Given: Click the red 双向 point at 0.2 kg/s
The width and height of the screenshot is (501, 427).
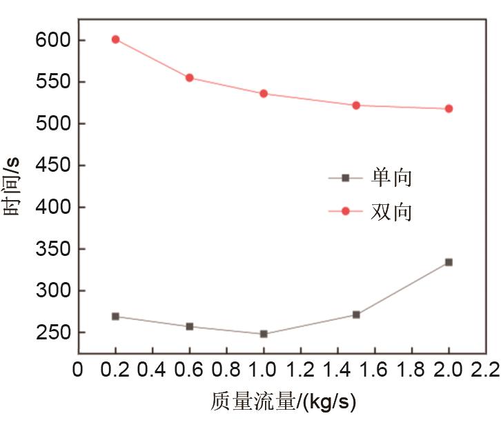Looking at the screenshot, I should click(x=115, y=39).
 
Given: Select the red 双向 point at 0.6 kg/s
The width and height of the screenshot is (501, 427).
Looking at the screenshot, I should click(x=189, y=78).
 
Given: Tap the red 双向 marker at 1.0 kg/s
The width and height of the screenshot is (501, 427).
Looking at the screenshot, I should click(x=264, y=94).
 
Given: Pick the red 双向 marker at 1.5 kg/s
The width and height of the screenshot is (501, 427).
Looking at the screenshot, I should click(x=356, y=106).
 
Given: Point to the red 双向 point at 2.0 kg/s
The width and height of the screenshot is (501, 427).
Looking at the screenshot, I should click(x=449, y=109).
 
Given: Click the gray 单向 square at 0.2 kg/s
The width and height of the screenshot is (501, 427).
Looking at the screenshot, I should click(x=115, y=317).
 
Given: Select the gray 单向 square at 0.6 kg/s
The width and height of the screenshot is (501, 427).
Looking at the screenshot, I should click(x=189, y=326).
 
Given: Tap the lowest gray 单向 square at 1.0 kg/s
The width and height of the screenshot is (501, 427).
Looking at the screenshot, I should click(x=264, y=334).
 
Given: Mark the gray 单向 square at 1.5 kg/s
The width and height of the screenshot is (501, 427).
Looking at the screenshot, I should click(x=356, y=315).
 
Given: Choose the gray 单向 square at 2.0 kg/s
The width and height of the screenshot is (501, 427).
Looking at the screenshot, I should click(x=449, y=262).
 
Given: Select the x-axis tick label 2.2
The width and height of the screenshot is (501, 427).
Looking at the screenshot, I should click(x=485, y=370).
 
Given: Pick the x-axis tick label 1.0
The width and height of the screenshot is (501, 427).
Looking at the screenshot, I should click(x=263, y=370).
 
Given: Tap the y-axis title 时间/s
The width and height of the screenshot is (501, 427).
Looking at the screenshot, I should click(x=14, y=186).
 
